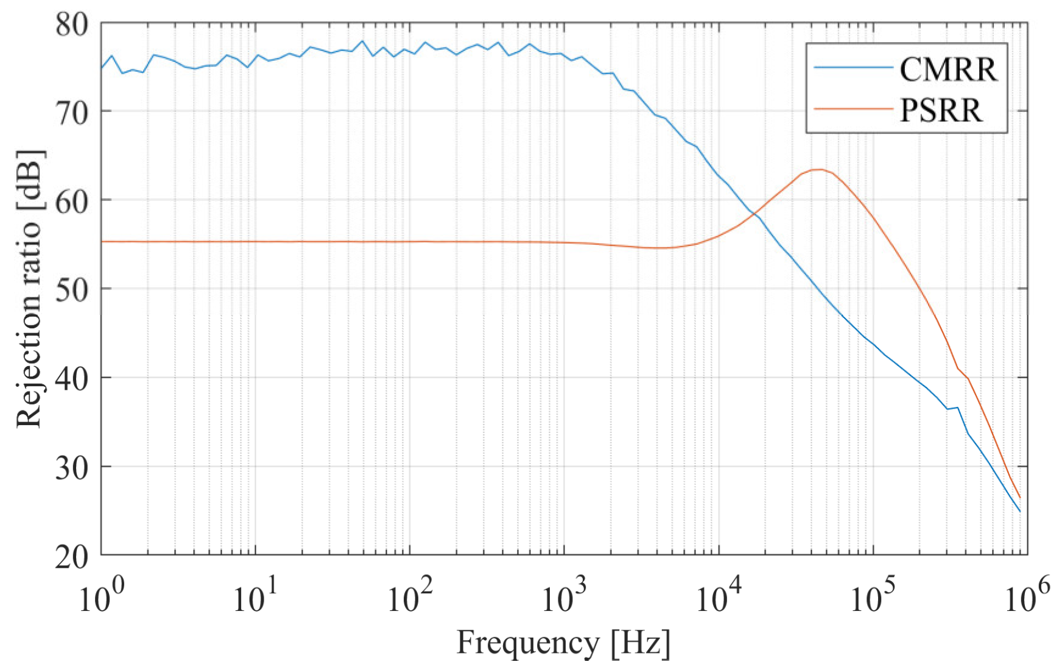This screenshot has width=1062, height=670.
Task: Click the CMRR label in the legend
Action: (x=948, y=69)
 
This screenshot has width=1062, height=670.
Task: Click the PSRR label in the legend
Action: (x=941, y=110)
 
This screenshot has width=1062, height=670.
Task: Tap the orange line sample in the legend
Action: (x=853, y=109)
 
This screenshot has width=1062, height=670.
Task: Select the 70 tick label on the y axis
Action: (x=72, y=113)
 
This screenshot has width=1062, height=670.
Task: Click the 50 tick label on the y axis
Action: (x=72, y=290)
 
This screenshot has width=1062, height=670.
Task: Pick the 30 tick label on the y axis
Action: (x=72, y=468)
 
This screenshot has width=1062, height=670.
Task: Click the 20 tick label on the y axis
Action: (x=72, y=556)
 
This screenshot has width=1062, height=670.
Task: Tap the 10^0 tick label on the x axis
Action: (x=101, y=598)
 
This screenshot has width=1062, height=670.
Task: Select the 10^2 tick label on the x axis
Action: (x=409, y=598)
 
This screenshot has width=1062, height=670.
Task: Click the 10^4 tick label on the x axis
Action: (x=719, y=598)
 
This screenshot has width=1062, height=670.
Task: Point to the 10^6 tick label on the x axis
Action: (x=1027, y=598)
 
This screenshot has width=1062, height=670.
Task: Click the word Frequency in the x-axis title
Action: (x=527, y=643)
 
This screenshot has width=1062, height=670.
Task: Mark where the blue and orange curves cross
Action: (x=754, y=213)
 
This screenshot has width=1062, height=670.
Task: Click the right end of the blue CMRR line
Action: (x=1019, y=511)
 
